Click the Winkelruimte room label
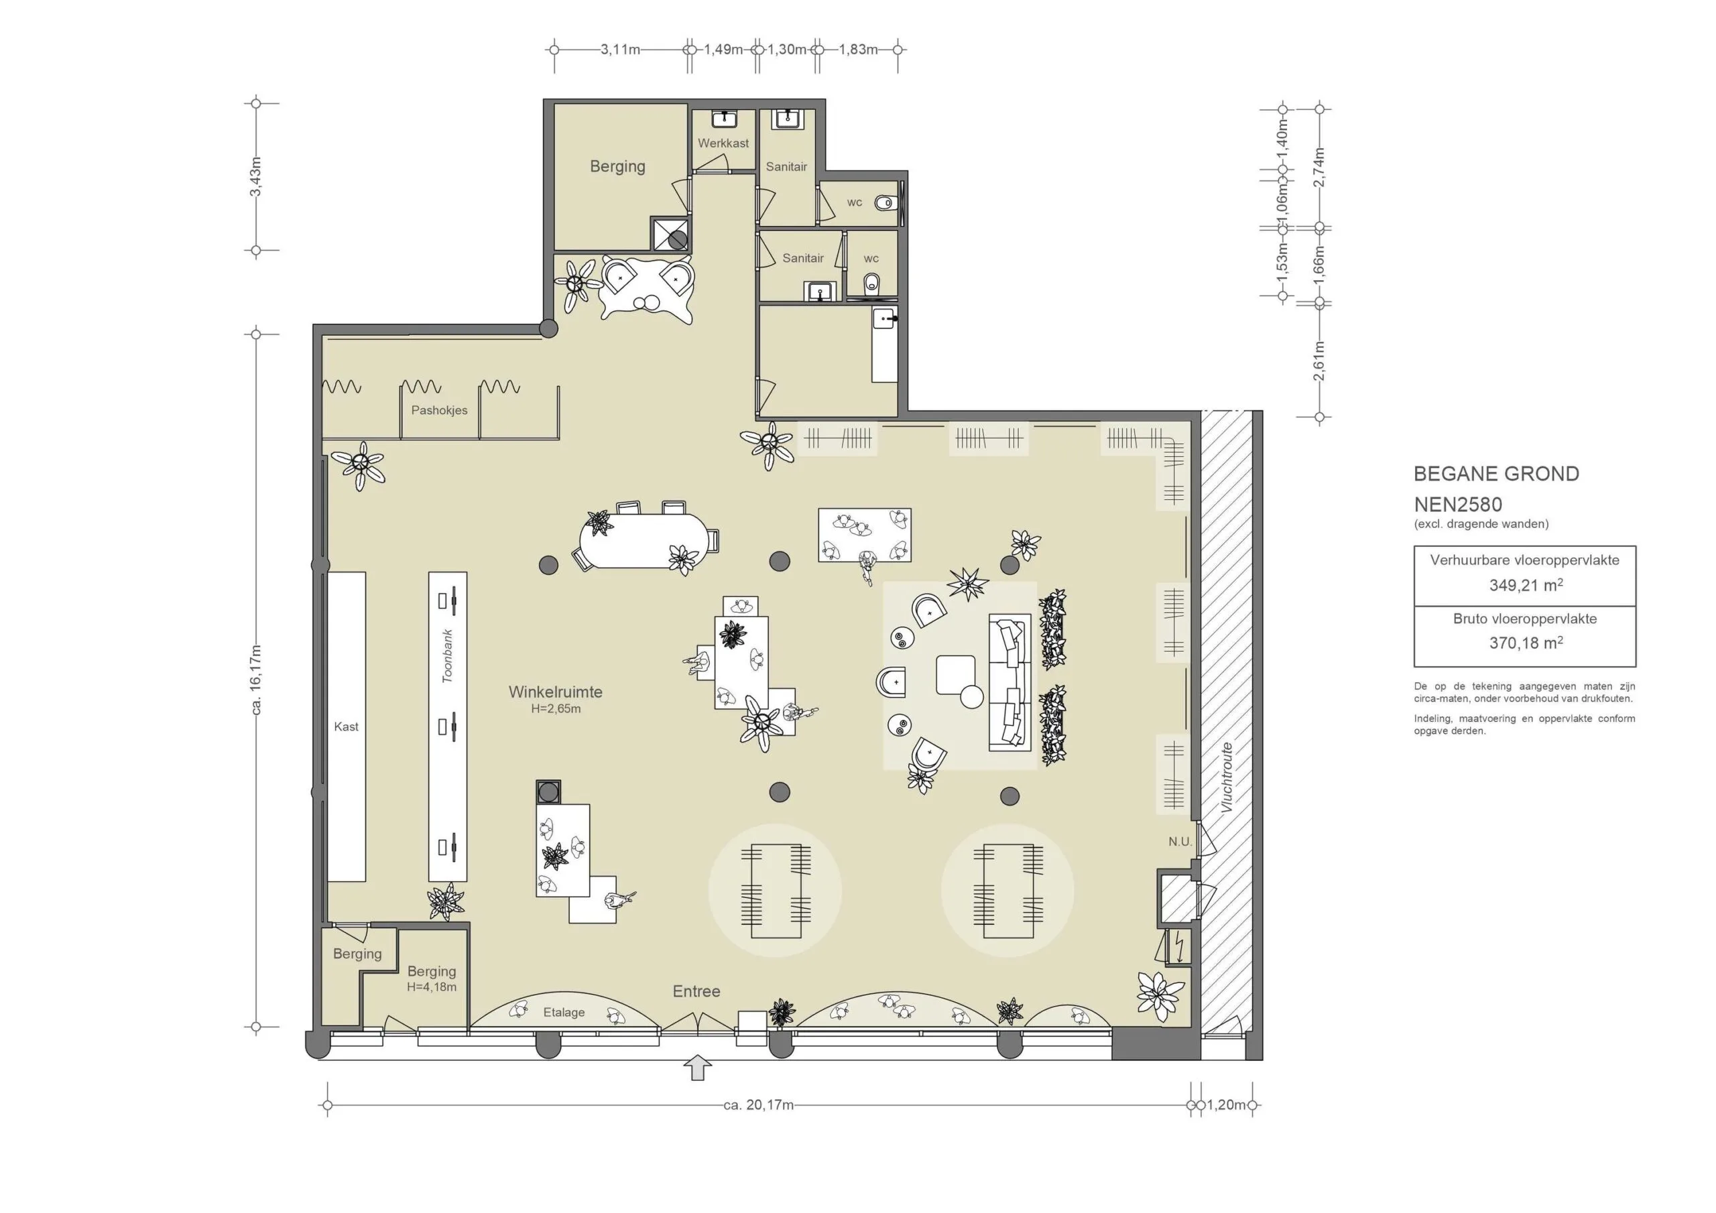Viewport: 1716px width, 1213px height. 555,692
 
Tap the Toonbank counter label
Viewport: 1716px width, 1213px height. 448,656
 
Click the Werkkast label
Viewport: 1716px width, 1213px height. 723,143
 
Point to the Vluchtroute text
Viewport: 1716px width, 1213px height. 1226,777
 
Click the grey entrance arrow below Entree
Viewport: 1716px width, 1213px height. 697,1068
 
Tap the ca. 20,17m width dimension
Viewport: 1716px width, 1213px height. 758,1104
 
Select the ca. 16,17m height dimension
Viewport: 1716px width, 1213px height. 256,680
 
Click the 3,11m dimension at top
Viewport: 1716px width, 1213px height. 620,50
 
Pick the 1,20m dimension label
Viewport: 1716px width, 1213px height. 1227,1104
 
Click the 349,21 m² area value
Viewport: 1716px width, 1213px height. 1525,585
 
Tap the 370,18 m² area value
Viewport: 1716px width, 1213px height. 1525,643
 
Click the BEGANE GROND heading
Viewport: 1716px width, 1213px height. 1496,474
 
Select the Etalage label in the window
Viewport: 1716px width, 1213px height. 564,1012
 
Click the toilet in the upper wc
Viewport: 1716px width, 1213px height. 884,202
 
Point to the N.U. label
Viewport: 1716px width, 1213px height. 1179,842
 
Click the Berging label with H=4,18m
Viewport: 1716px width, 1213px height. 431,972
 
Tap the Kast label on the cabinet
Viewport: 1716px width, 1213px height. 346,726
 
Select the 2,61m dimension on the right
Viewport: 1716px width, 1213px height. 1319,361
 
